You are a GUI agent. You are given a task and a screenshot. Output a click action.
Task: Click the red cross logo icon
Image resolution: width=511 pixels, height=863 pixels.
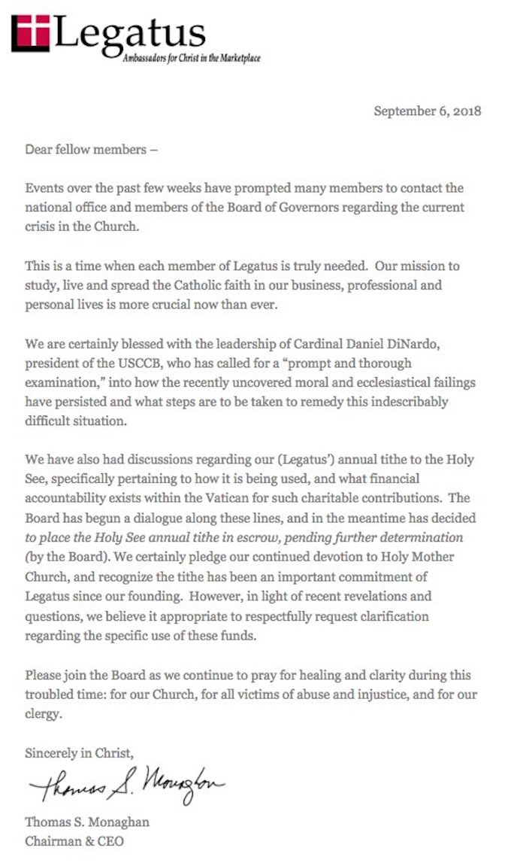tap(31, 34)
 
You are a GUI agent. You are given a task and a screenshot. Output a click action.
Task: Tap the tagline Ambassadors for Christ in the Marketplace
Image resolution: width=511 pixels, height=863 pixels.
tap(192, 58)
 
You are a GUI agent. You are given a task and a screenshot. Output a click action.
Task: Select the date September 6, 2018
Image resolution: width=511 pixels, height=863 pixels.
tap(427, 111)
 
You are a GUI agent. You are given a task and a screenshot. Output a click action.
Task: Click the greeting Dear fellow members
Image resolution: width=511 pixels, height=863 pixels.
tap(91, 150)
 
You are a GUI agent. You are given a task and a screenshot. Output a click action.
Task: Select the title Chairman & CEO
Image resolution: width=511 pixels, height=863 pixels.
tap(74, 840)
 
